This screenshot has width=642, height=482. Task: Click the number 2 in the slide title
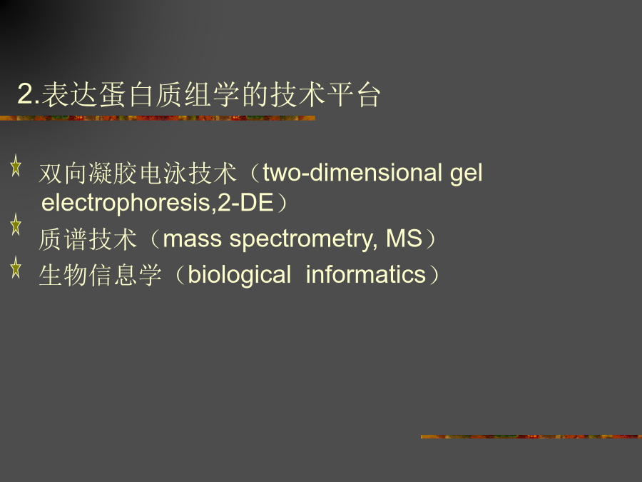[26, 95]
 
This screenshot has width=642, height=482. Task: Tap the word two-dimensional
[352, 173]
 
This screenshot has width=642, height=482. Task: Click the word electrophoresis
[128, 203]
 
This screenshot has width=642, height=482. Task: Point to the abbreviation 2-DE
[245, 203]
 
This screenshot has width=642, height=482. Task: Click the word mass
[193, 239]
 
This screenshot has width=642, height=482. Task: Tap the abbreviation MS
[404, 238]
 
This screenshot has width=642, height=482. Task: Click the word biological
[239, 275]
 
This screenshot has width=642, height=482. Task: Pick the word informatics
[366, 274]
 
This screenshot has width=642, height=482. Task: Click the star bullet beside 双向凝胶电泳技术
[16, 166]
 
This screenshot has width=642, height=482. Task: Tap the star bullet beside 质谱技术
[16, 224]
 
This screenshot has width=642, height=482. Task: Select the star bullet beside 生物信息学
[16, 267]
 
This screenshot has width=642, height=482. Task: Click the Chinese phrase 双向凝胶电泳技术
[138, 173]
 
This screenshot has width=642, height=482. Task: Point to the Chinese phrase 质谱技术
[88, 239]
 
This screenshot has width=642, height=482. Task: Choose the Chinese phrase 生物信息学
[101, 275]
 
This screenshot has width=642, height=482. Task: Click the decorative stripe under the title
[158, 118]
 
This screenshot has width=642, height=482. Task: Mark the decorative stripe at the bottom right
[531, 436]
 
